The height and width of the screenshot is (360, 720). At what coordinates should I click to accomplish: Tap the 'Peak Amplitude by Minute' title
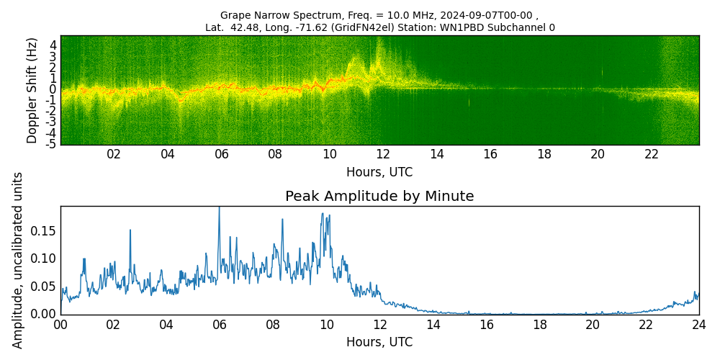pyautogui.click(x=379, y=197)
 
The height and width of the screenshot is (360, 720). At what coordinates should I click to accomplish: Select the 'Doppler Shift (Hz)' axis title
pyautogui.click(x=32, y=90)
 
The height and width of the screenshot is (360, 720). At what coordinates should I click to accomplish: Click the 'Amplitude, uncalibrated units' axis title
pyautogui.click(x=18, y=260)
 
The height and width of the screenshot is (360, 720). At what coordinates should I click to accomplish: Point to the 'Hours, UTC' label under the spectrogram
pyautogui.click(x=379, y=173)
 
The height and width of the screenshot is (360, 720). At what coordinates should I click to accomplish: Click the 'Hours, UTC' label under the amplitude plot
pyautogui.click(x=379, y=342)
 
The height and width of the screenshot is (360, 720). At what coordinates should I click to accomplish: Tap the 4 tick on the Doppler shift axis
pyautogui.click(x=53, y=45)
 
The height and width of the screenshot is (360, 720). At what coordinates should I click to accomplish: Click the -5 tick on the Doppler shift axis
pyautogui.click(x=50, y=144)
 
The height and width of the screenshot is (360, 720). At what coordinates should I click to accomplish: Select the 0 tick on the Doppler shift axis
pyautogui.click(x=53, y=89)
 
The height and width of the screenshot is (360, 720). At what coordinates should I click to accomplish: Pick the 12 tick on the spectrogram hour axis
pyautogui.click(x=383, y=154)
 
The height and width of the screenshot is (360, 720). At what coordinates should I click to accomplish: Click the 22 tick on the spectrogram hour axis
pyautogui.click(x=652, y=154)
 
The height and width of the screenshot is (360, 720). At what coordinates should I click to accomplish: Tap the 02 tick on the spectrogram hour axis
pyautogui.click(x=114, y=154)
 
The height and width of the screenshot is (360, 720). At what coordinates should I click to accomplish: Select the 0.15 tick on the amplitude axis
pyautogui.click(x=43, y=231)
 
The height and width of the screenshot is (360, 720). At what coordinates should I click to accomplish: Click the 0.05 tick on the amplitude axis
pyautogui.click(x=43, y=287)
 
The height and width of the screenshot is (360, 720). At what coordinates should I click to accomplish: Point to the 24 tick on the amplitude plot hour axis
pyautogui.click(x=699, y=325)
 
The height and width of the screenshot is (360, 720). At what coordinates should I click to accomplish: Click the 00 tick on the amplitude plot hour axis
pyautogui.click(x=60, y=325)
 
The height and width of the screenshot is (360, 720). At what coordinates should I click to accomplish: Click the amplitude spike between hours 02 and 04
pyautogui.click(x=130, y=231)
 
